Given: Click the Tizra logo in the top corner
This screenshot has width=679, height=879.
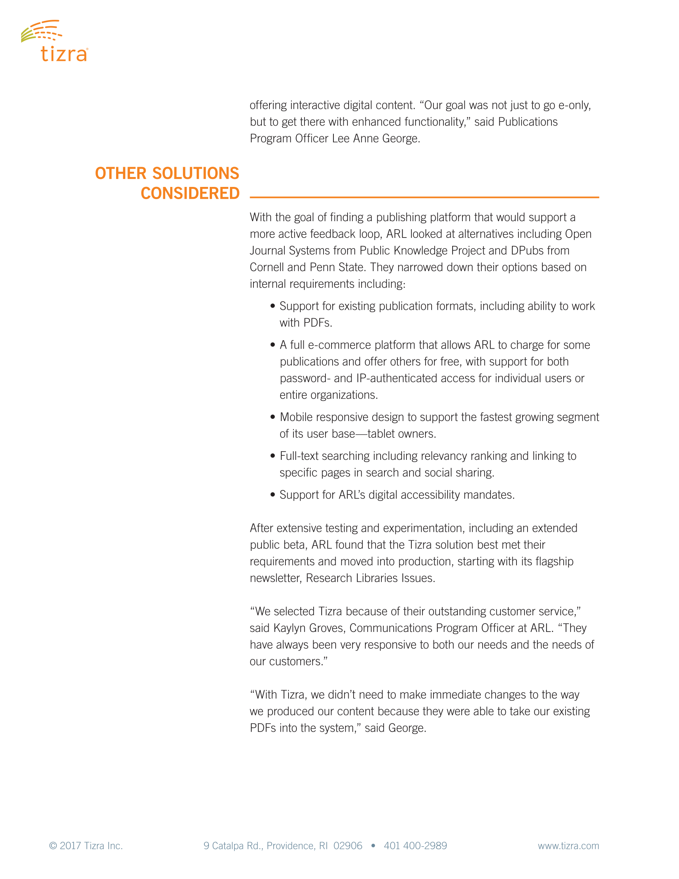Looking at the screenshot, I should [x=54, y=41].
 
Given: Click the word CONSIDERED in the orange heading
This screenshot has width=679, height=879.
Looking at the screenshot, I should [x=190, y=193].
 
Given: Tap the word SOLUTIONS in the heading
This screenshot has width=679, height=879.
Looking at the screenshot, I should [x=196, y=174].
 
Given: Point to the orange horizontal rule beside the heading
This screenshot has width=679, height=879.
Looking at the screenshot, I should [x=424, y=197].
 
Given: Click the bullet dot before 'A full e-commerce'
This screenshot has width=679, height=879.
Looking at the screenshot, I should [x=273, y=345].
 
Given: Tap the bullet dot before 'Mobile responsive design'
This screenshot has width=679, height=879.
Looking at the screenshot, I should [x=273, y=417].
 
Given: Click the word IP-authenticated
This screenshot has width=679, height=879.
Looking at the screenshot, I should [x=397, y=378].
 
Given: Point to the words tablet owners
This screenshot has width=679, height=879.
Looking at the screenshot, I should [x=401, y=434].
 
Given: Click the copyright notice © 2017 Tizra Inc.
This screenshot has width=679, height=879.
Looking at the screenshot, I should [x=86, y=845].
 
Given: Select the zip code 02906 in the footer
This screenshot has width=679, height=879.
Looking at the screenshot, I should [x=347, y=845].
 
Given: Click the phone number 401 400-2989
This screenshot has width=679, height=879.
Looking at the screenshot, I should [x=415, y=845].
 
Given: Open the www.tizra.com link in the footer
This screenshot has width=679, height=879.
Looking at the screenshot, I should [x=568, y=845].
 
